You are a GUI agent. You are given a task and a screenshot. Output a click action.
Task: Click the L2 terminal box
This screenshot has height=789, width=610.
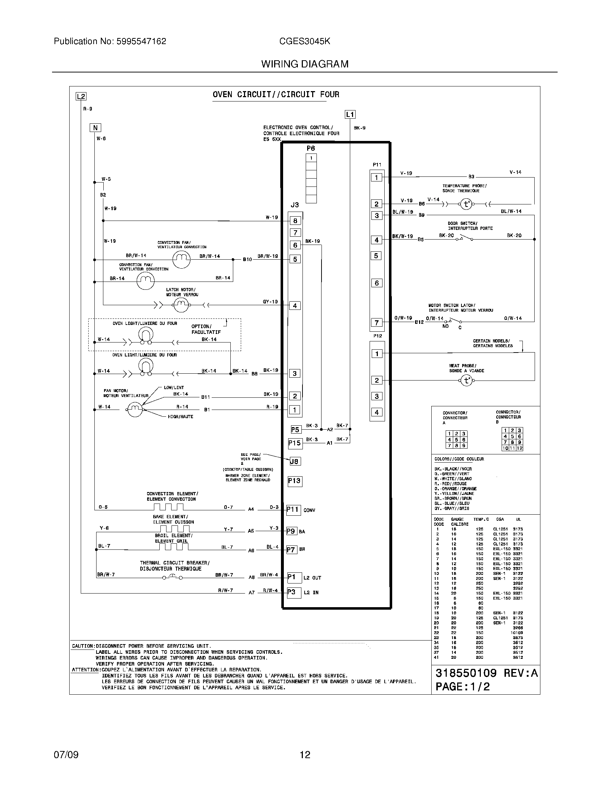(81, 96)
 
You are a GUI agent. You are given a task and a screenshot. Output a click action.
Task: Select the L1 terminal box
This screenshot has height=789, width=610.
(350, 114)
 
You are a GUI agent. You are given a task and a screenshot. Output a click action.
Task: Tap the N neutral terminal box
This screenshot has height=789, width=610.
(95, 128)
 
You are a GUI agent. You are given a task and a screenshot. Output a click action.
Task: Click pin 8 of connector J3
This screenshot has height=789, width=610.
(295, 221)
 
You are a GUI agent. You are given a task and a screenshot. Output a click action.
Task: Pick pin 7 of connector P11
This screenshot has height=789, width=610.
(376, 323)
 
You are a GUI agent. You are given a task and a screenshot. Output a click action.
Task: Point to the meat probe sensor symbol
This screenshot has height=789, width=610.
(466, 381)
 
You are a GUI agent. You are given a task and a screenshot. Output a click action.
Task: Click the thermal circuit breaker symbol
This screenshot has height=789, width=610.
(172, 577)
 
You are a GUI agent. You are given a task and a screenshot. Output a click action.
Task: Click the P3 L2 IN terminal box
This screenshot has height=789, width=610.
(294, 593)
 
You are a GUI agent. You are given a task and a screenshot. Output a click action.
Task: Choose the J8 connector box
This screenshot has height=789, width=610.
(295, 461)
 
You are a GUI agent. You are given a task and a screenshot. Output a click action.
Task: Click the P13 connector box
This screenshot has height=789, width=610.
(294, 481)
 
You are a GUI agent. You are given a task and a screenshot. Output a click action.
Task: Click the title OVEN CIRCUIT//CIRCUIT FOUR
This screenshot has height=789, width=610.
(276, 95)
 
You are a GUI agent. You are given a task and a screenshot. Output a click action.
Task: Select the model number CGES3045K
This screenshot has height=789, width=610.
(304, 41)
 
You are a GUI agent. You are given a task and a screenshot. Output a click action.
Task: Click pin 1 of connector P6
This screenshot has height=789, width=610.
(311, 158)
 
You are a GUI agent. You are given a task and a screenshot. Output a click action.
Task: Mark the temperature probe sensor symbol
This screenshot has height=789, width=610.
(466, 204)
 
